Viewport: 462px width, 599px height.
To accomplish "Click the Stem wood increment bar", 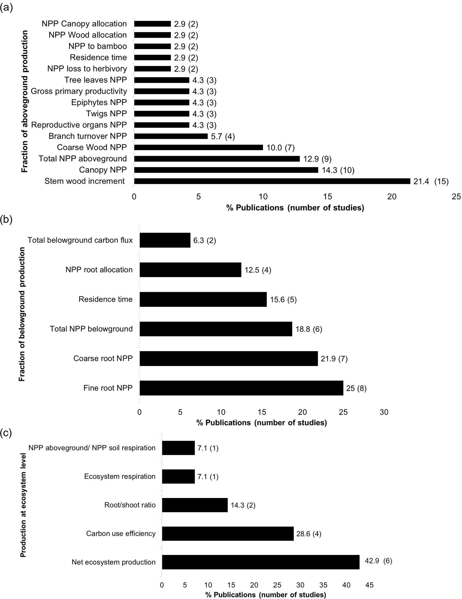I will tap(272, 181).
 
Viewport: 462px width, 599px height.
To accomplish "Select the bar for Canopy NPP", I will tap(226, 170).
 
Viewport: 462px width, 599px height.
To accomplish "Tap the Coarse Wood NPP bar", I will tap(198, 148).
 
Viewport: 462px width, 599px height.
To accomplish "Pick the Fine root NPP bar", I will tap(241, 388).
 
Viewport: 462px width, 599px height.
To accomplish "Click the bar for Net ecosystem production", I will tap(260, 562).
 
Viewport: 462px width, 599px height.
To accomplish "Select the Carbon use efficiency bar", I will tap(228, 533).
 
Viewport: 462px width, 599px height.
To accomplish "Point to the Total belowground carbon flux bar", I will tap(165, 240).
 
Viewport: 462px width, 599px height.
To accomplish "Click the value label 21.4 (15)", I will tap(431, 182).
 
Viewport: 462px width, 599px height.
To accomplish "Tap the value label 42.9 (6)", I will tap(378, 561).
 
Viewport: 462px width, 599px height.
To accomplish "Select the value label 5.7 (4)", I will tap(223, 136).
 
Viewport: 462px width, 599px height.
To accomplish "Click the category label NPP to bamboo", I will tap(98, 46).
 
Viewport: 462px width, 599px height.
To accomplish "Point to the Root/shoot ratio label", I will tap(130, 505).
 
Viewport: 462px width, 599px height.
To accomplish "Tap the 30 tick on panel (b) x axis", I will tap(384, 412).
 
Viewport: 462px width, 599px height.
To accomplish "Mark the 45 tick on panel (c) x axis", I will tap(369, 585).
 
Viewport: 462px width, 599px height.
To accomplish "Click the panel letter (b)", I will tap(6, 219).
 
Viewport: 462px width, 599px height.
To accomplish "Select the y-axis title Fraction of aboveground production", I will tap(25, 101).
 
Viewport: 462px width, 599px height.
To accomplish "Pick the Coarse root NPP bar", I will tap(229, 358).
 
